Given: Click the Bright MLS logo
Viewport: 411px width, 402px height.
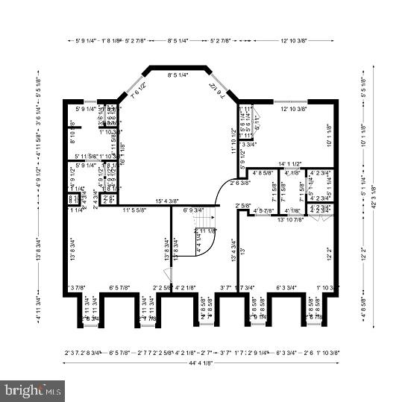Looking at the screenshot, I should [x=32, y=390].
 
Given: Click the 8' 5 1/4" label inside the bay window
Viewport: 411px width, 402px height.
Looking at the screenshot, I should [x=178, y=75].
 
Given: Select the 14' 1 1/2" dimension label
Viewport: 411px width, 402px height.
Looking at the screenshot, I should [x=289, y=164].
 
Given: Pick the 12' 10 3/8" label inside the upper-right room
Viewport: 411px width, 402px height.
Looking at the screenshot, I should [x=295, y=110].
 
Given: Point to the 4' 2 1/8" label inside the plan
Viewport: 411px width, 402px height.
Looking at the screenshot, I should [x=185, y=287].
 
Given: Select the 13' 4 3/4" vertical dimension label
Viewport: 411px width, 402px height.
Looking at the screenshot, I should [x=233, y=250].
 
